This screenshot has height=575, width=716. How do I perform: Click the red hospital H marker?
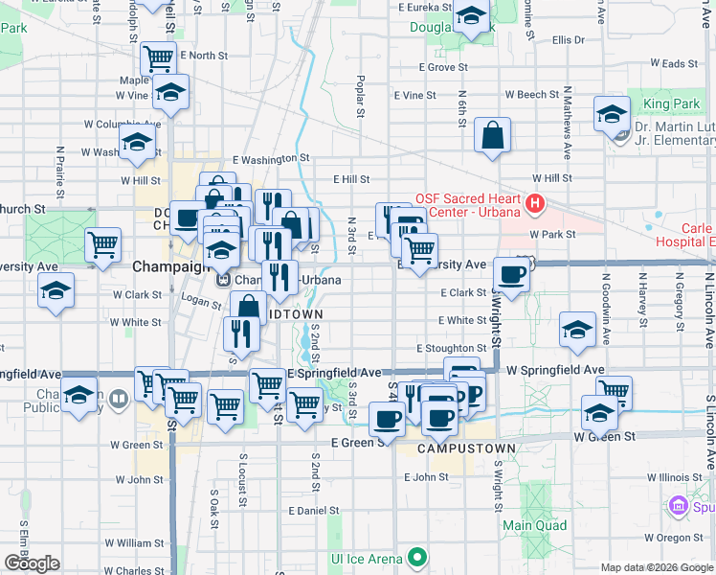coord(535,203)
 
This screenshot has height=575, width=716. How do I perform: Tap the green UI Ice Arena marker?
coord(416,557)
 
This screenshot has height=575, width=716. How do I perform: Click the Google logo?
coord(32,563)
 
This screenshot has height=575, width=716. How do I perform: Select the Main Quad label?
coord(534,525)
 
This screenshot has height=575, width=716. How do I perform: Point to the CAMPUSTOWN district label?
coord(467,448)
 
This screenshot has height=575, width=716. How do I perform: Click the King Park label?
coord(671,103)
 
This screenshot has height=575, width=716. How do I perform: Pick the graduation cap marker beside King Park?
coord(611,114)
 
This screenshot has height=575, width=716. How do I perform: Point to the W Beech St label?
coord(532,95)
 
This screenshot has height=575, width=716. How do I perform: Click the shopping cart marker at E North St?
coord(157,58)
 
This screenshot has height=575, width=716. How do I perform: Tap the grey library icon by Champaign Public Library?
coord(118,399)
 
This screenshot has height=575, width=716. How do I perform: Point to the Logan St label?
coord(202,301)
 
